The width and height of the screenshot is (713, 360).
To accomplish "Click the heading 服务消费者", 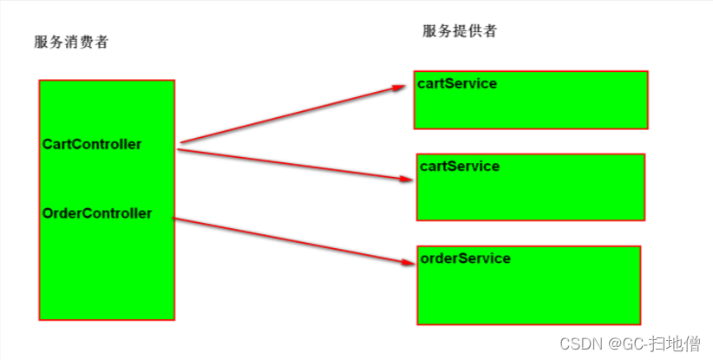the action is click(71, 42).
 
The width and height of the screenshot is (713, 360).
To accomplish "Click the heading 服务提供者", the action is click(460, 31).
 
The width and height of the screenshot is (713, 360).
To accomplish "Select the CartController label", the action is click(91, 144).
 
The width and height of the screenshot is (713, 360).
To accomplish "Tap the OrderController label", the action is click(96, 213).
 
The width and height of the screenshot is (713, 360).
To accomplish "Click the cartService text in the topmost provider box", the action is click(457, 83).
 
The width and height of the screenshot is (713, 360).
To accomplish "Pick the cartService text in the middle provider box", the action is click(459, 166).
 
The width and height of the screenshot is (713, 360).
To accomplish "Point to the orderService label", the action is click(465, 258).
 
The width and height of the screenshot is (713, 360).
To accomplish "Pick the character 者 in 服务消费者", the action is click(101, 42).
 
